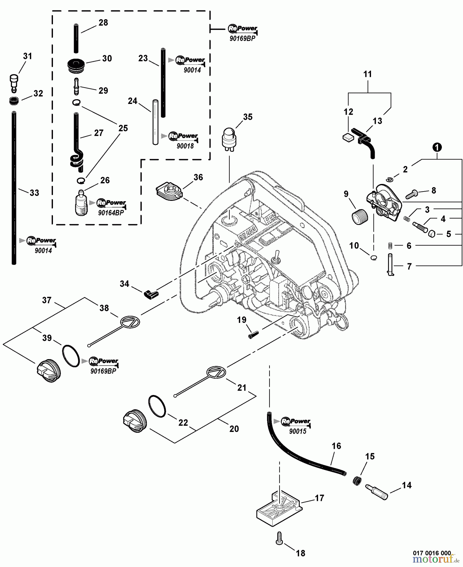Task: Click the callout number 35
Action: click(x=248, y=117)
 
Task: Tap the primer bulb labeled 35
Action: click(x=229, y=138)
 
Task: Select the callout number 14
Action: click(x=406, y=485)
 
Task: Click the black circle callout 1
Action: click(x=437, y=147)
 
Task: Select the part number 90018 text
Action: click(x=185, y=146)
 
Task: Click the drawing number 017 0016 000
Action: click(x=432, y=553)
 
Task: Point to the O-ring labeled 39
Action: click(x=71, y=356)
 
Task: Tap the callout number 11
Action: click(x=368, y=74)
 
